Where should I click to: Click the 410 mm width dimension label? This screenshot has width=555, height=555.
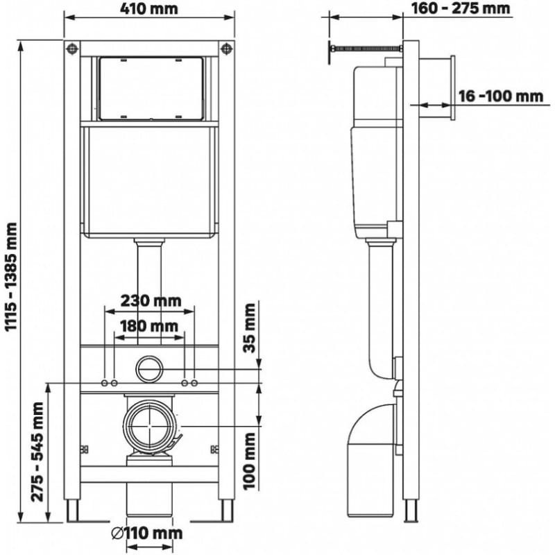point(149,9)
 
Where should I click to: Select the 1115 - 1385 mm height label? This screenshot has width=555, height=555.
point(11,277)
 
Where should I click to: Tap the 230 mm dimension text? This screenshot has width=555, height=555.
point(151,301)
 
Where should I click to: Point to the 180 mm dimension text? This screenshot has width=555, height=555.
point(149,326)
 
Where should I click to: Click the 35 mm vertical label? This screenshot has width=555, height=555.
point(250,327)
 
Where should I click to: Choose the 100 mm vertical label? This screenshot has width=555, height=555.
point(250,461)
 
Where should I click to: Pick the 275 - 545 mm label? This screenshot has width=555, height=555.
point(37,452)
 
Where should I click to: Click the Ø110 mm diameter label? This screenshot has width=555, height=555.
point(147,533)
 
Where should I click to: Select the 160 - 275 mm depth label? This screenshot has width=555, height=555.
point(461,8)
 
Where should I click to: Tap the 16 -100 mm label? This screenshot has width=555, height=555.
point(501,96)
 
